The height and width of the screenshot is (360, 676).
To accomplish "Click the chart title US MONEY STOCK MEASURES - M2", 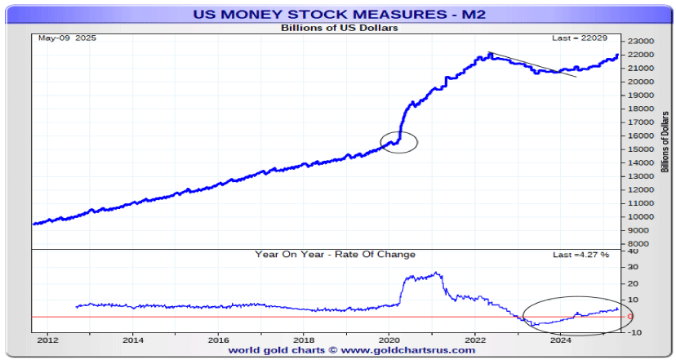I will tap(339, 14).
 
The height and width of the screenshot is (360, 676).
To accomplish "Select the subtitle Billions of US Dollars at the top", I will tap(339, 28).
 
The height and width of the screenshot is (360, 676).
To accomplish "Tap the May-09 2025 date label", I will tap(62, 38).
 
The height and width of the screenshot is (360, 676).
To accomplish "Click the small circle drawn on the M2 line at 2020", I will tap(399, 141).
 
